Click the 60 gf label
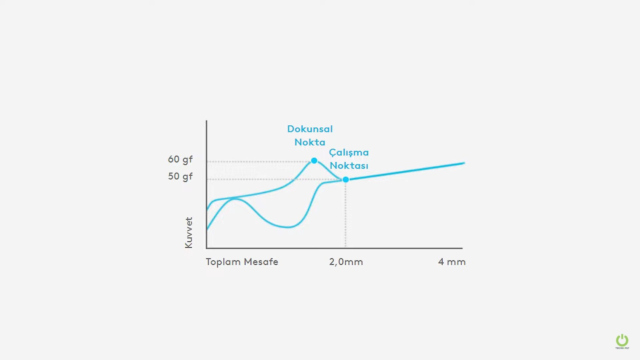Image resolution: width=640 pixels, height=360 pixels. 180,159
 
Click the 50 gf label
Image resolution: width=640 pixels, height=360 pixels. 180,176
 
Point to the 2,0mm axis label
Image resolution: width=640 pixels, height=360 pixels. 346,262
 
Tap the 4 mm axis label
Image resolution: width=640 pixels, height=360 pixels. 452,262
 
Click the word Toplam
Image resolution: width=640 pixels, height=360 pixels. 223,262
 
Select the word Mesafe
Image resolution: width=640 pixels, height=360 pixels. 261,262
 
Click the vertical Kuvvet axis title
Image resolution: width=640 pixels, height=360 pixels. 189,233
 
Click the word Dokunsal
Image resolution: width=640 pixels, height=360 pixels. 310,129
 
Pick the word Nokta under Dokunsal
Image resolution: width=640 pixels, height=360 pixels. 310,142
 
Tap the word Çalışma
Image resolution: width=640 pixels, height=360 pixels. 349,153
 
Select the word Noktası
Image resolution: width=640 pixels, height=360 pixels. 349,166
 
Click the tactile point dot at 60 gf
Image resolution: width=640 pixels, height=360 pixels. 314,161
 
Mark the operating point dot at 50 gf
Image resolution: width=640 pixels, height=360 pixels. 346,180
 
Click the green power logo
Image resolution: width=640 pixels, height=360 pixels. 622,341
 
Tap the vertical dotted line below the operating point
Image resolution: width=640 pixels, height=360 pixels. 345,217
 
